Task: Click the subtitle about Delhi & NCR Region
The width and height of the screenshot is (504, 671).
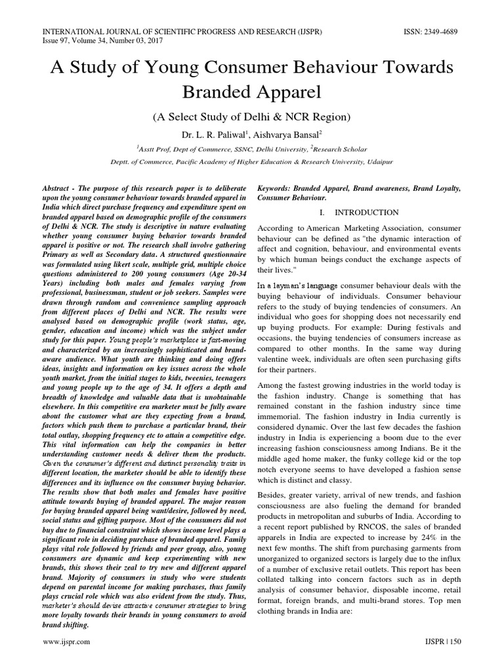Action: (x=252, y=117)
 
